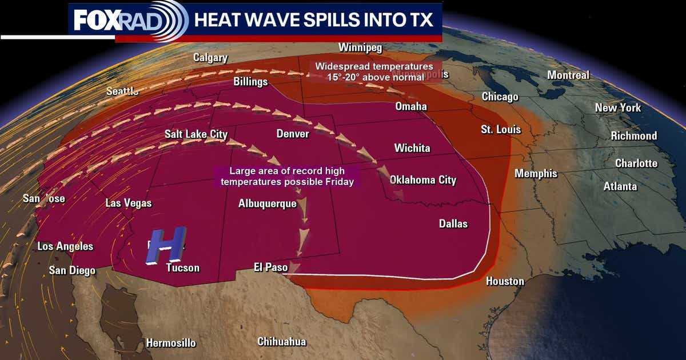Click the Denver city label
pyautogui.click(x=292, y=134)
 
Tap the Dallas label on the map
pyautogui.click(x=453, y=223)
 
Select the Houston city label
pyautogui.click(x=505, y=281)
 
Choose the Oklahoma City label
pyautogui.click(x=423, y=180)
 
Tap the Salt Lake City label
pyautogui.click(x=196, y=134)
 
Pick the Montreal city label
pyautogui.click(x=568, y=75)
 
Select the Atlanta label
pyautogui.click(x=620, y=186)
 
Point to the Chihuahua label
pyautogui.click(x=281, y=342)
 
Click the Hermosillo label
pyautogui.click(x=171, y=343)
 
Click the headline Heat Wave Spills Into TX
pyautogui.click(x=318, y=21)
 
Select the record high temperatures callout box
pyautogui.click(x=287, y=176)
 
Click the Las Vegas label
pyautogui.click(x=129, y=203)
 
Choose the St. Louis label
pyautogui.click(x=501, y=130)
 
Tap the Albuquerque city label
pyautogui.click(x=268, y=203)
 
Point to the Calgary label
pyautogui.click(x=210, y=58)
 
